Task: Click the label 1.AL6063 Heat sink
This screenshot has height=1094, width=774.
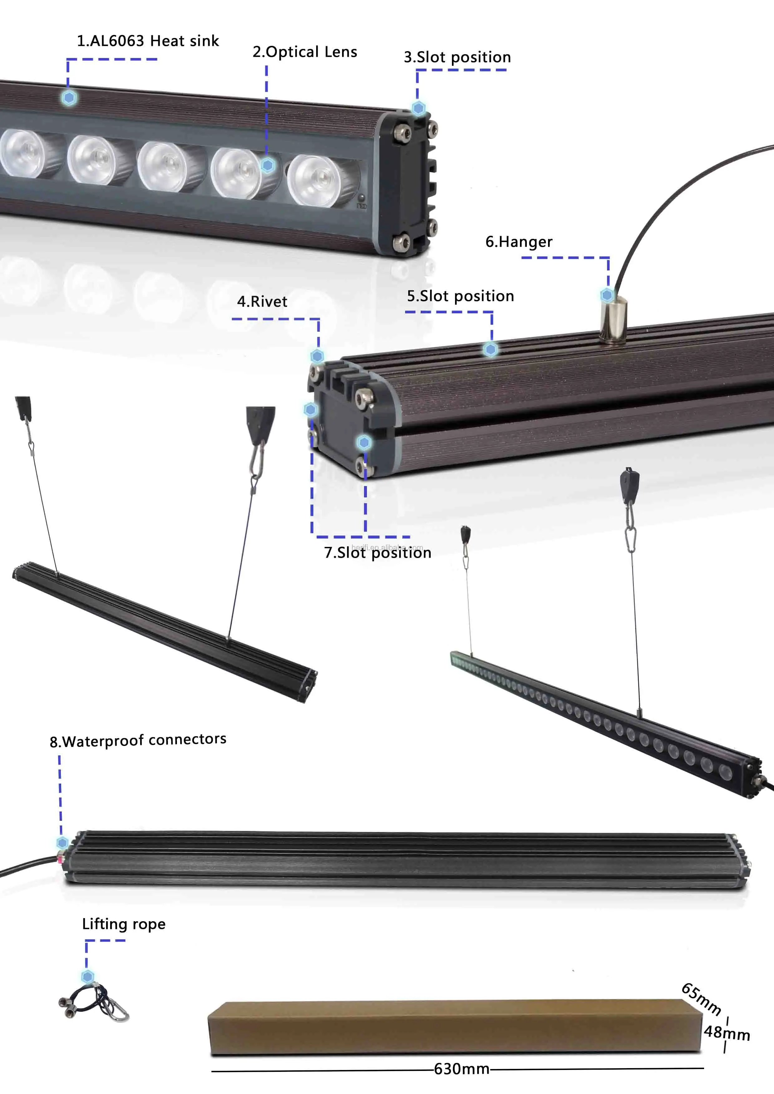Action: click(148, 41)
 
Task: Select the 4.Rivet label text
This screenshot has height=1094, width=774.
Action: click(262, 301)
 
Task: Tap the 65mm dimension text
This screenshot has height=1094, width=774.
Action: click(701, 999)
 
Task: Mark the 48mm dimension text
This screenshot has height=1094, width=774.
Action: click(727, 1033)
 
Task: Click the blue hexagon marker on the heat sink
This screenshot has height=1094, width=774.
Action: click(69, 98)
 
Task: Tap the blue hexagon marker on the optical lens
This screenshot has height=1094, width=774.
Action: click(267, 165)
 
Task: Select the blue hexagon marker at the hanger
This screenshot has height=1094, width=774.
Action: click(607, 295)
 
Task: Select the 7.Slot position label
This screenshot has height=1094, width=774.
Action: click(377, 552)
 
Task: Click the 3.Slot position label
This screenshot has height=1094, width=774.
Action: click(457, 57)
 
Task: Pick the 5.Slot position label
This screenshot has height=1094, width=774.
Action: click(460, 296)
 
